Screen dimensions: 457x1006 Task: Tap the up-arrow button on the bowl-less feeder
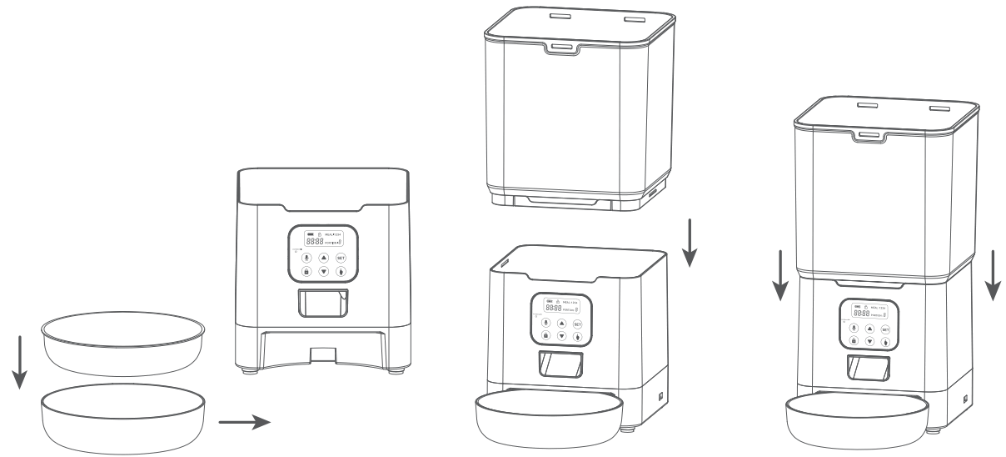click(x=322, y=258)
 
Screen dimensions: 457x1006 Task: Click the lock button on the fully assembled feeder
click(x=854, y=342)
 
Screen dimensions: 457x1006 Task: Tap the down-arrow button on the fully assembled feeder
click(x=869, y=342)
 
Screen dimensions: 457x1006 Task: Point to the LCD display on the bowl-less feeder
click(x=323, y=237)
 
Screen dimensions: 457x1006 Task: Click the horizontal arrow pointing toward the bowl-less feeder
click(x=244, y=422)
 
